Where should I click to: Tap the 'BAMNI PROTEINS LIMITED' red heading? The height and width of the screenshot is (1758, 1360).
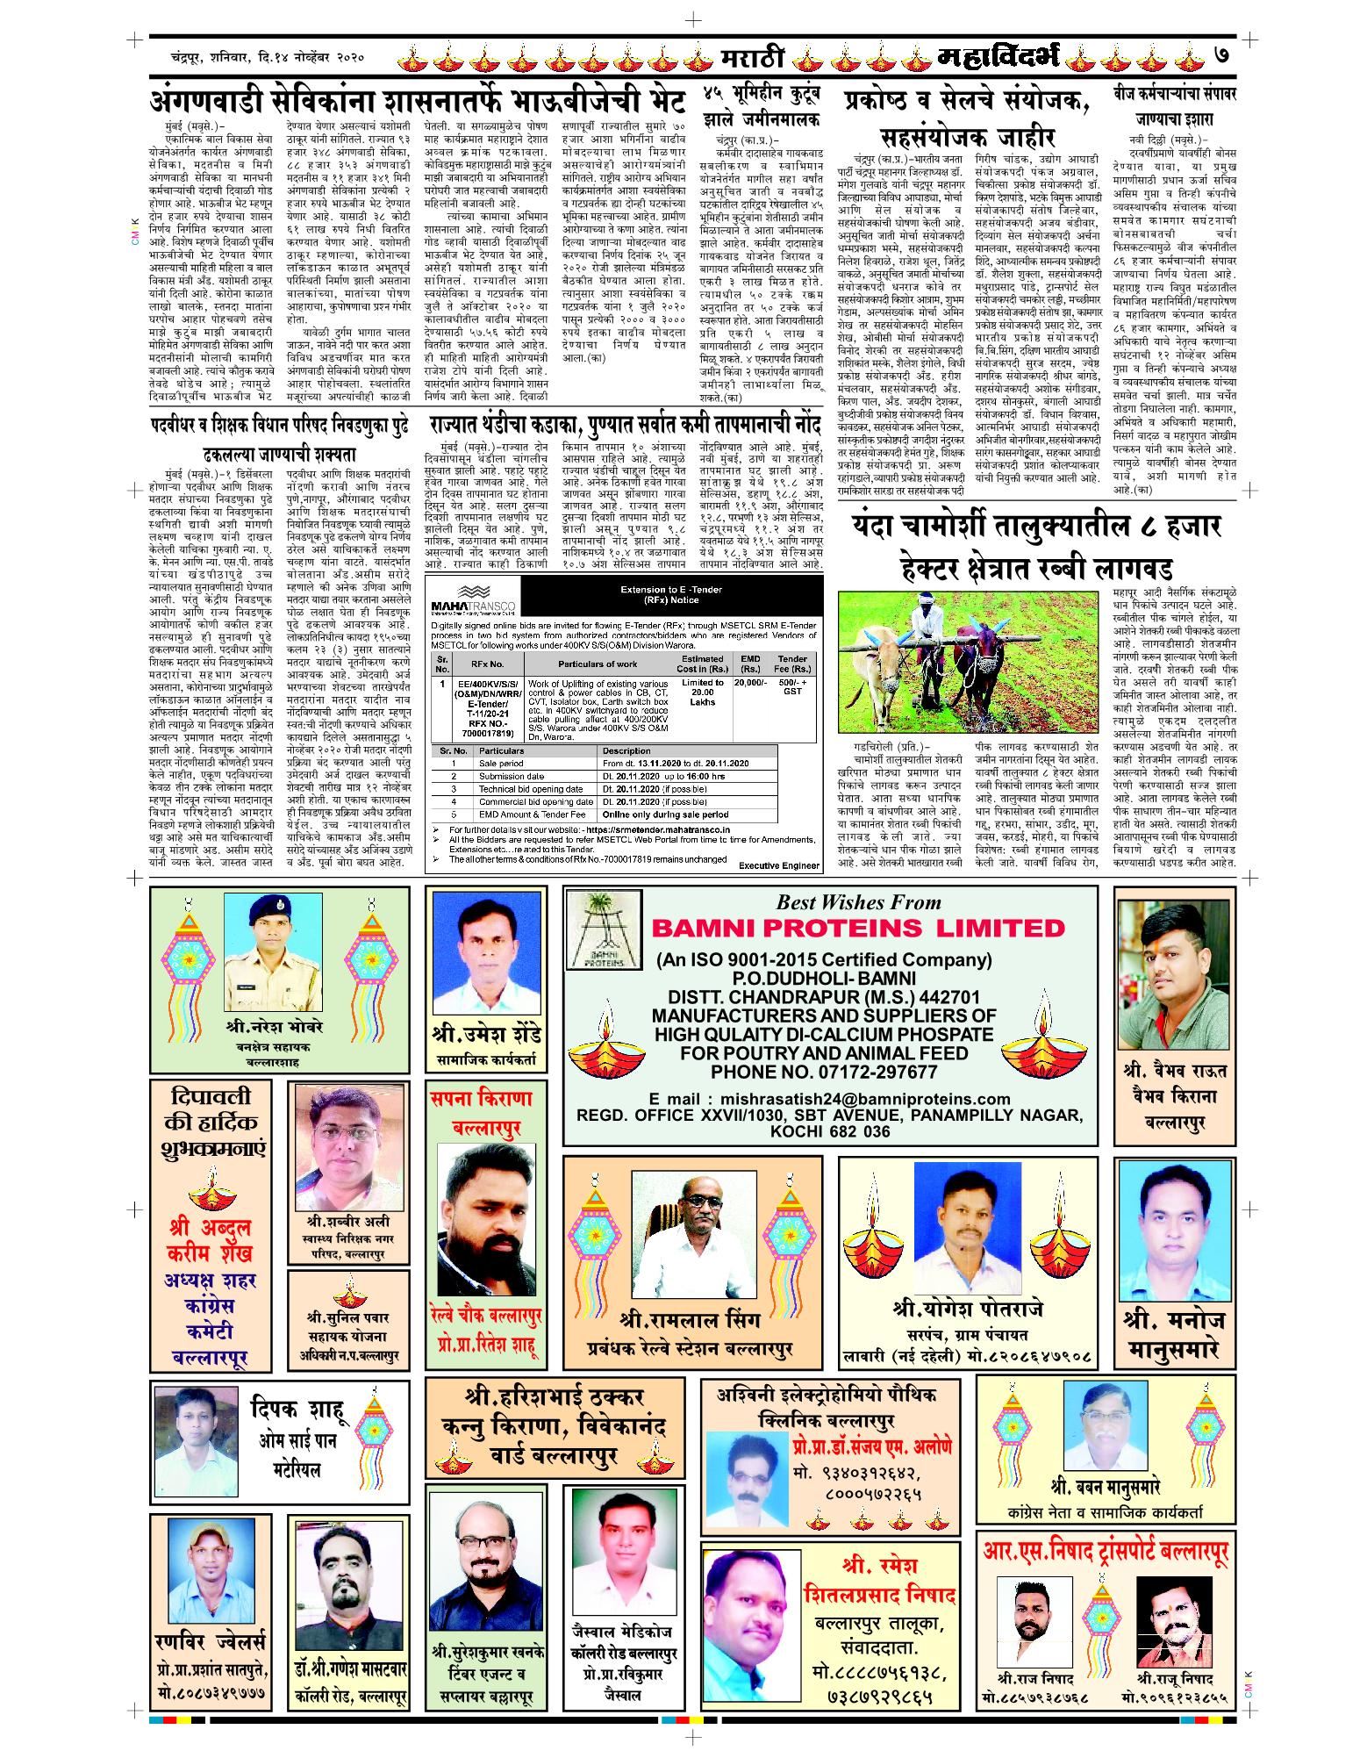(x=857, y=929)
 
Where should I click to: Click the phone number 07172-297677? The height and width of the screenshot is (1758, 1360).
(x=824, y=1072)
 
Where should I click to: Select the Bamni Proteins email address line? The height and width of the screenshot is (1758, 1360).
(x=830, y=1099)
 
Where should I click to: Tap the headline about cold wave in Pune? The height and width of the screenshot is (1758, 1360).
(x=626, y=426)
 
